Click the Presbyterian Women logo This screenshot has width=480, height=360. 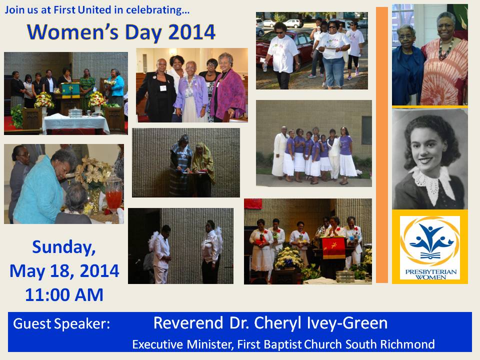pos(430,248)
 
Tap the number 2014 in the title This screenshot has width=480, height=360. pos(191,32)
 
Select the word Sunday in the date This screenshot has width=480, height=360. pos(64,247)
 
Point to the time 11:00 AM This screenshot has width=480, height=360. pos(64,295)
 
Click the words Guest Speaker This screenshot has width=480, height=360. pos(61,323)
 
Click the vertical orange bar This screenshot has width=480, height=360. pos(381,145)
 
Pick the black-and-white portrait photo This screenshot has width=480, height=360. pos(430,159)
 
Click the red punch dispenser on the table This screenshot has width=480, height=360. pos(113,196)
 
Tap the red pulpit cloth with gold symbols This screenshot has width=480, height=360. pos(333,248)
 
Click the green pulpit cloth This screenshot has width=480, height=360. pos(70,90)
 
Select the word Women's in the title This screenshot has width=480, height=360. pos(72,32)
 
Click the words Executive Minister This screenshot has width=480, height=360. pos(182,344)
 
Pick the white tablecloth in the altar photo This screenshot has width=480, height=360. pos(76,123)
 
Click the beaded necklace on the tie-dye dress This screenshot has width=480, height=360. pos(445,49)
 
